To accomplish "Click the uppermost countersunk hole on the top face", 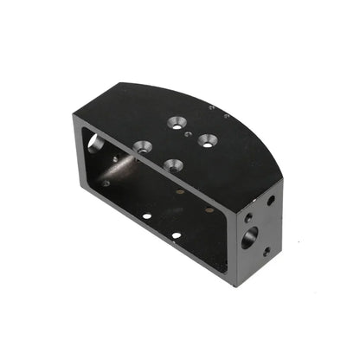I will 178,122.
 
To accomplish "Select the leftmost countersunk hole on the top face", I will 143,146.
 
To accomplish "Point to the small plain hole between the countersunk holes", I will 188,135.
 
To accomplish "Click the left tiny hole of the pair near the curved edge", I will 211,108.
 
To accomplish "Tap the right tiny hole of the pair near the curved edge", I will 226,115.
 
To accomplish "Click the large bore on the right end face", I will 249,236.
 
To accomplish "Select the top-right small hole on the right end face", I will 271,201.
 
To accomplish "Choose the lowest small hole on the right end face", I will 267,252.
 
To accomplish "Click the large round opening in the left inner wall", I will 93,143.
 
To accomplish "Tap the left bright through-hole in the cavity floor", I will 147,215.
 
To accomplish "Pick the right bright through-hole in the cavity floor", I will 176,235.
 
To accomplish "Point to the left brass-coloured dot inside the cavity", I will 180,191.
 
